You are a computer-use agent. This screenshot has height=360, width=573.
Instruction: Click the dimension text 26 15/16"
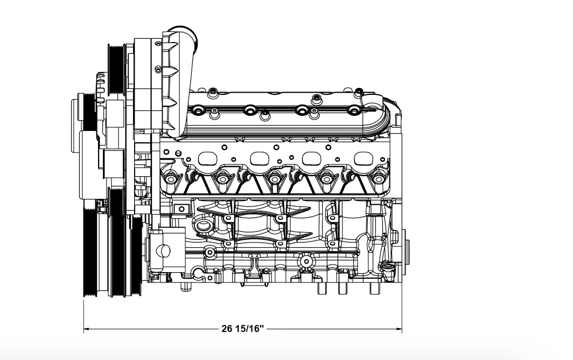[242, 329]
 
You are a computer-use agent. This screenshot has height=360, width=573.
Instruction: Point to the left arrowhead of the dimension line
[87, 329]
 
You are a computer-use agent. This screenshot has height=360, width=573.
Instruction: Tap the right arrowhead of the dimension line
[399, 329]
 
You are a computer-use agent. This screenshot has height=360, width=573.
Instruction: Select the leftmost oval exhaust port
[208, 159]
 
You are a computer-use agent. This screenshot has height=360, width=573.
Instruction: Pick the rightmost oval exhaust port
[363, 158]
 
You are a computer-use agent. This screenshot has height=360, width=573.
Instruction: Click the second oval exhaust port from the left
[260, 159]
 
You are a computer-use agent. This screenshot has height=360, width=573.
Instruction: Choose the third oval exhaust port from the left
[312, 159]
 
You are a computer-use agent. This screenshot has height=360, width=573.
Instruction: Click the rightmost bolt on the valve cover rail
[354, 110]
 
